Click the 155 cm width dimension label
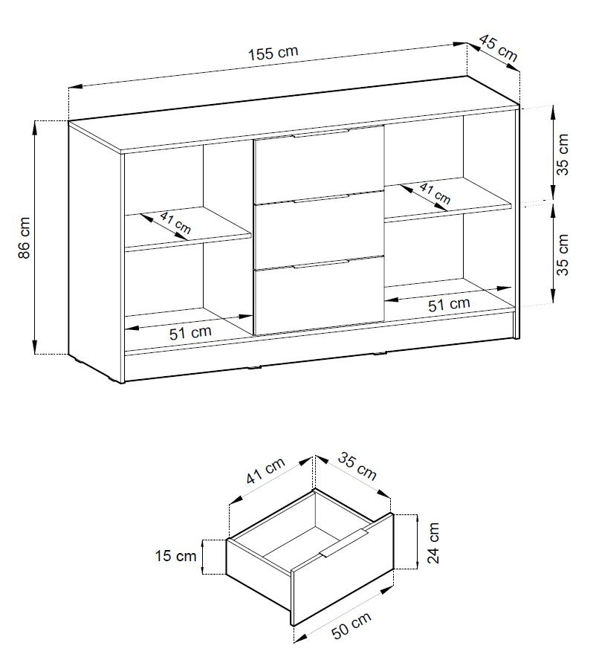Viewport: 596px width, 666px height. pos(273,53)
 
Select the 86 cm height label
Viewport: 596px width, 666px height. pos(25,237)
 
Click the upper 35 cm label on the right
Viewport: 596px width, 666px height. pos(563,154)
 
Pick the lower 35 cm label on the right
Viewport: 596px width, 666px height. pos(563,255)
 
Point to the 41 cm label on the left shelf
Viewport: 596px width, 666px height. pos(175,223)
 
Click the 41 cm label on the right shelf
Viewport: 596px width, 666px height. pos(435,193)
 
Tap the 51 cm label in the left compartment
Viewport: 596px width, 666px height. pos(190,332)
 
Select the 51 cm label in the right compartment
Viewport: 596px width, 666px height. pos(449,304)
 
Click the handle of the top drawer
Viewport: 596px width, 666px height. pos(320,133)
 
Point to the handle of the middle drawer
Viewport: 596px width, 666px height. pos(320,199)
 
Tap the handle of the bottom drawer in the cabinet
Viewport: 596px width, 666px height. pos(320,264)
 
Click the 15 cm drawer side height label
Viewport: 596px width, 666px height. pos(175,555)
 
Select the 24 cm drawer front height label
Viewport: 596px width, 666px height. pos(433,543)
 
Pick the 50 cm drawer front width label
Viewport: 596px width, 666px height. pos(351,625)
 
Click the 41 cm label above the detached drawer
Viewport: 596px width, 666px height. pos(266,471)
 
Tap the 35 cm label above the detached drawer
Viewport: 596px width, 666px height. pos(357,466)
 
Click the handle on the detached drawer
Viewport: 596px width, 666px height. pos(344,543)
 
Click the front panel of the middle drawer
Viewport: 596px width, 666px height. pos(319,230)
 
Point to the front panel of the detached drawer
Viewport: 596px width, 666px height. pos(342,569)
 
